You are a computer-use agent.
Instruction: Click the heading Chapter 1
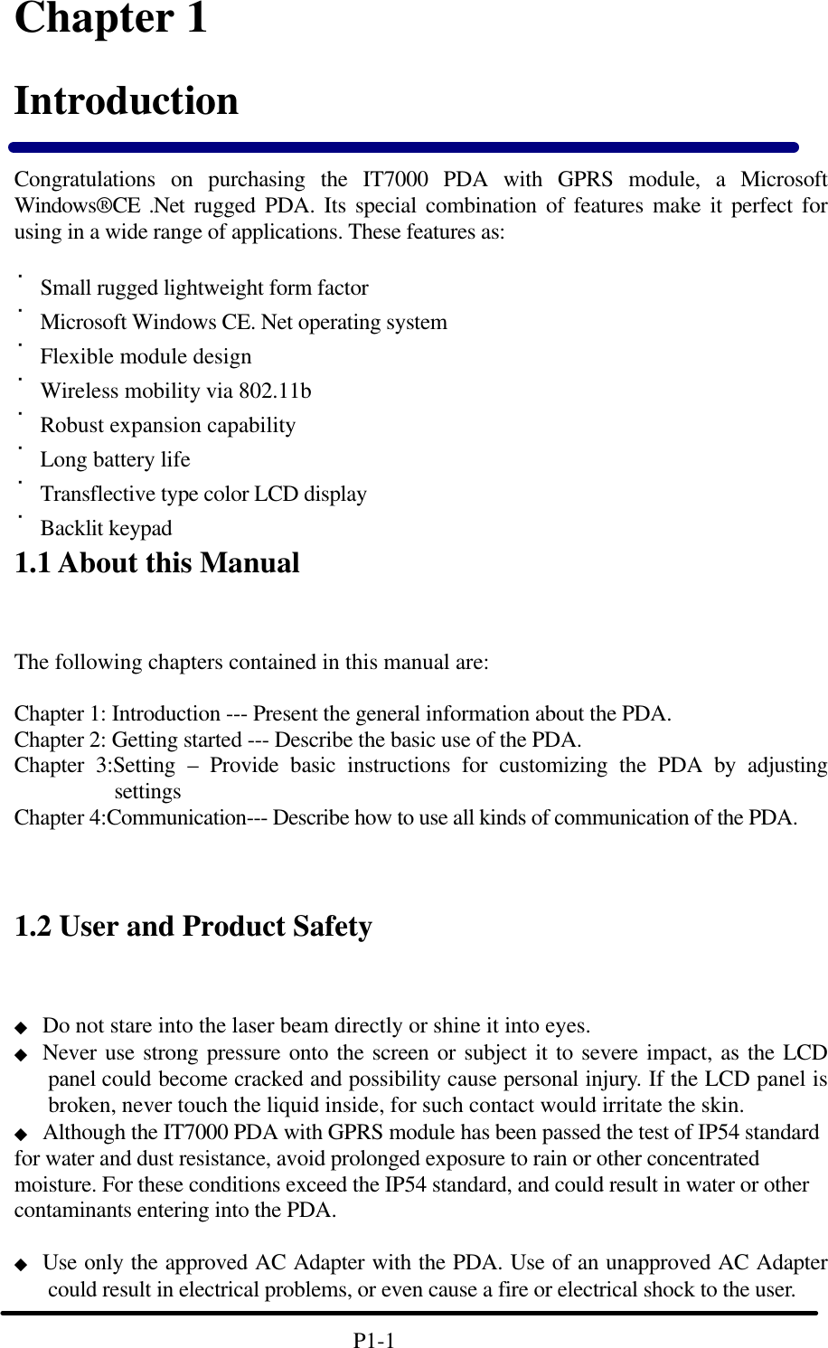(x=110, y=20)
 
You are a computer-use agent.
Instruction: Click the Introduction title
(x=127, y=100)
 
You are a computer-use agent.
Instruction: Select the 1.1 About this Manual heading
(x=156, y=563)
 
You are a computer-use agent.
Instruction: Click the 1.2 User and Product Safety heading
(x=193, y=927)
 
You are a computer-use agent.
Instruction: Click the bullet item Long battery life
(x=115, y=460)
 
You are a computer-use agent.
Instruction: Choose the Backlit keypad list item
(x=106, y=529)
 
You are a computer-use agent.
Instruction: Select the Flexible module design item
(x=146, y=357)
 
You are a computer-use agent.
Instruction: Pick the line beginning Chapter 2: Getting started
(x=297, y=740)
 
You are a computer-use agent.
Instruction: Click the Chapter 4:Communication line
(x=405, y=818)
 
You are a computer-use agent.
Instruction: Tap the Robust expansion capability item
(x=167, y=426)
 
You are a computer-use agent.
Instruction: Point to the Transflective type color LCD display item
(x=203, y=495)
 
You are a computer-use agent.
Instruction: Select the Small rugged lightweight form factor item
(x=204, y=288)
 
